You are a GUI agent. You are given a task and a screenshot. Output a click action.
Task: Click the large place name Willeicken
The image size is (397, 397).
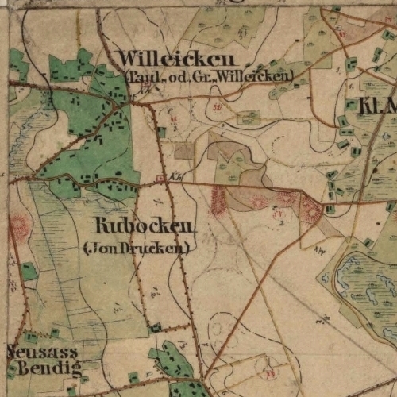(x=178, y=60)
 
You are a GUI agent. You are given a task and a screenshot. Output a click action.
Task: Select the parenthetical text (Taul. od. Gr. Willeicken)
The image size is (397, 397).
(x=209, y=76)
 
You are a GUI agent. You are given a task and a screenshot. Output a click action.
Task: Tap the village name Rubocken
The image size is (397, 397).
(x=143, y=225)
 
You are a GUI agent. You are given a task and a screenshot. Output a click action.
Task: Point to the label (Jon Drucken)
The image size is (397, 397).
(x=137, y=248)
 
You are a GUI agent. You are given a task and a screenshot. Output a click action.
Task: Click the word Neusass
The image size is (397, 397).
(x=42, y=351)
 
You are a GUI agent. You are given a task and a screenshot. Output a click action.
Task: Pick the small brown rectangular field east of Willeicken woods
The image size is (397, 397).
(x=183, y=150)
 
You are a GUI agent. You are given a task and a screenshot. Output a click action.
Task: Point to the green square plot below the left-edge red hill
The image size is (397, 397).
(x=29, y=272)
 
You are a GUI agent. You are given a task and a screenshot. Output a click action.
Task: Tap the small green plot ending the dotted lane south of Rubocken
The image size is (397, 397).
(x=156, y=326)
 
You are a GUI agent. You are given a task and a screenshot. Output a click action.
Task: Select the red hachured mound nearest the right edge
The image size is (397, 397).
(x=309, y=209)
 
